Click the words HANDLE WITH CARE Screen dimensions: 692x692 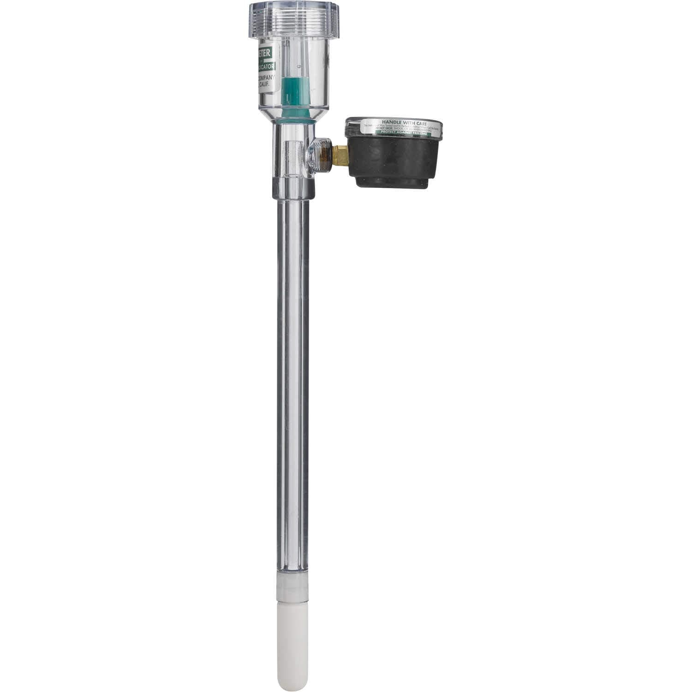[394, 123]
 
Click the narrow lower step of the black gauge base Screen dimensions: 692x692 [392, 182]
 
